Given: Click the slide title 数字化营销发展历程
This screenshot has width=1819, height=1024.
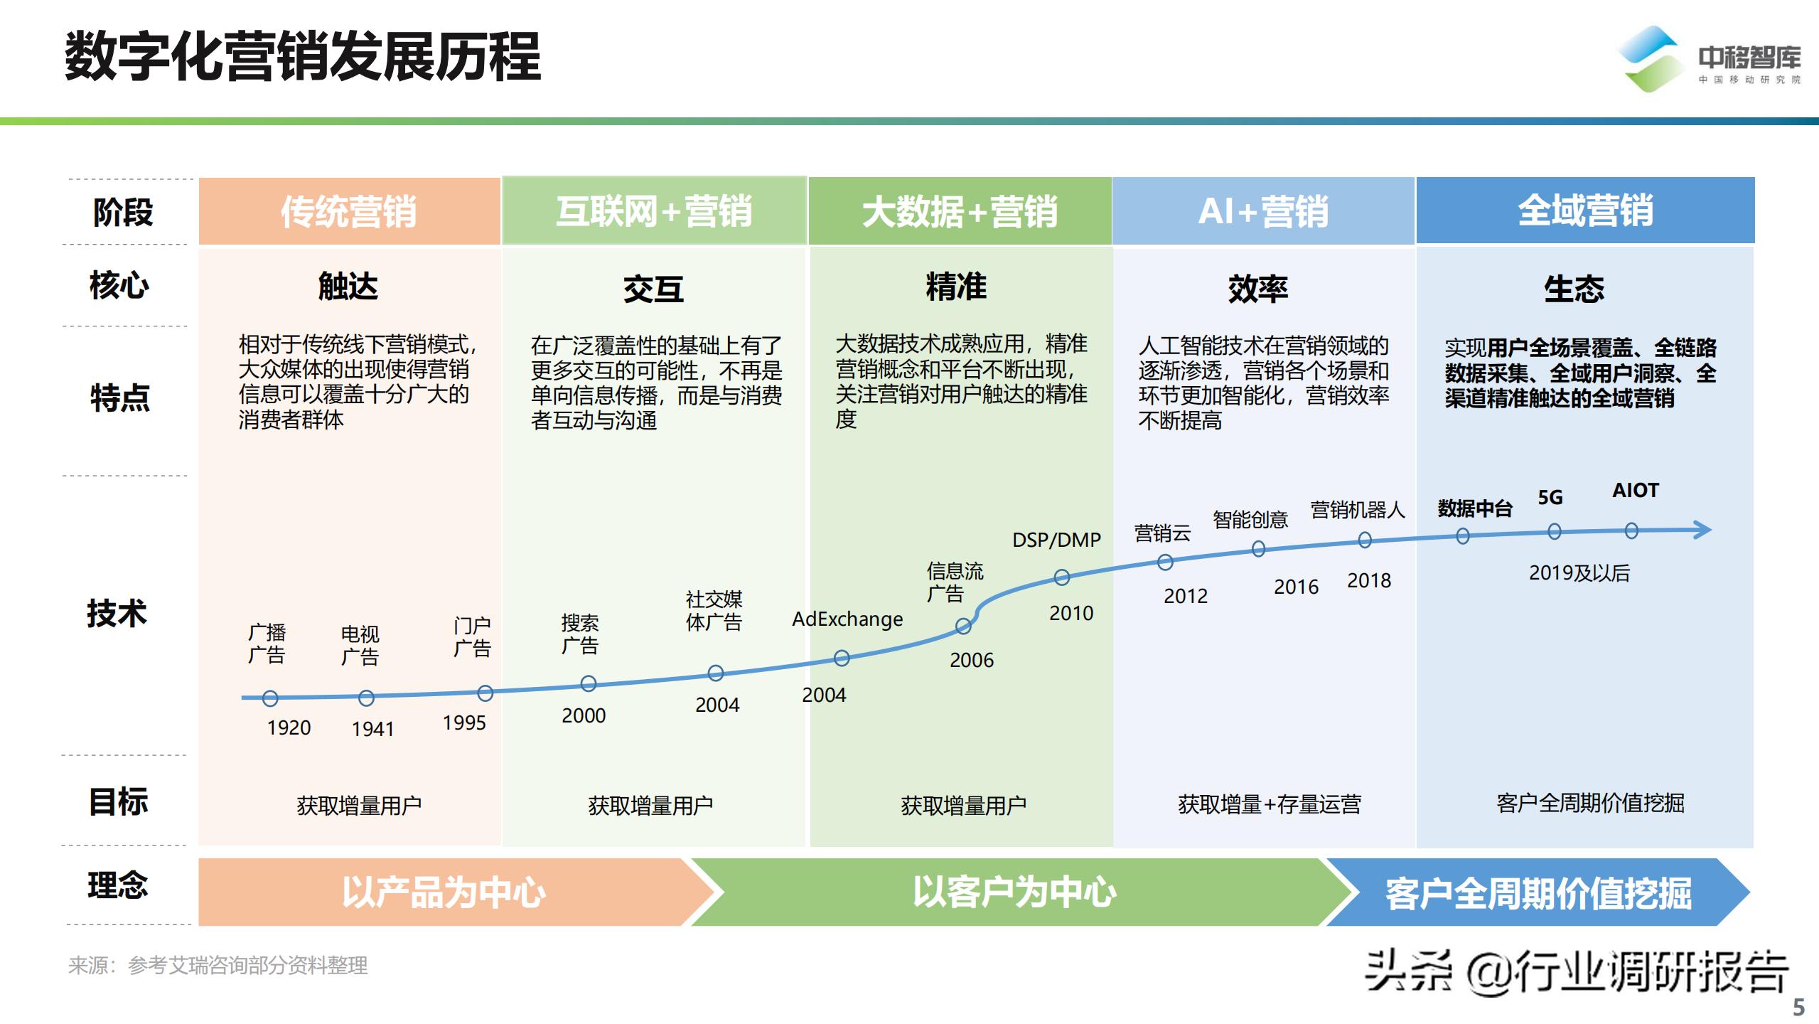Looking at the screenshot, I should pyautogui.click(x=303, y=57).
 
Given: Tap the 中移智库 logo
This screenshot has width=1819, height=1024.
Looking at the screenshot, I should pyautogui.click(x=1710, y=60).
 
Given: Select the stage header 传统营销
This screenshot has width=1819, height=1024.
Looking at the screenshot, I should pyautogui.click(x=348, y=211).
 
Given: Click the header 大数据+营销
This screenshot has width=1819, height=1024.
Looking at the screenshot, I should pyautogui.click(x=960, y=211).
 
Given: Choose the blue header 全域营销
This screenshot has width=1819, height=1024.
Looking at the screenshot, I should pyautogui.click(x=1585, y=210).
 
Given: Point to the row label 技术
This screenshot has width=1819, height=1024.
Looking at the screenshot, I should pyautogui.click(x=117, y=613).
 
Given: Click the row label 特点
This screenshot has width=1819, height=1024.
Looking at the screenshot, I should pyautogui.click(x=120, y=398).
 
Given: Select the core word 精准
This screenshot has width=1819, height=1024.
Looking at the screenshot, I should pyautogui.click(x=956, y=287).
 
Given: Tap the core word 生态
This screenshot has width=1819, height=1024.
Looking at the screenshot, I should pyautogui.click(x=1574, y=289).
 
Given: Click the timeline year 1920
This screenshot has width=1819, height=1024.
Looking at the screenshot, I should pyautogui.click(x=289, y=727).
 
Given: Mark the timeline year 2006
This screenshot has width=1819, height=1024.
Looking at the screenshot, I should pyautogui.click(x=972, y=660).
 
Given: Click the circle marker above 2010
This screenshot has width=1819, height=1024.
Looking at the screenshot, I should pyautogui.click(x=1061, y=577).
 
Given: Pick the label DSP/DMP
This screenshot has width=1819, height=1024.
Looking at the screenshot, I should pyautogui.click(x=1056, y=540).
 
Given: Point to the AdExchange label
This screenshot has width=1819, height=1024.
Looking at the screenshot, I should pyautogui.click(x=847, y=619).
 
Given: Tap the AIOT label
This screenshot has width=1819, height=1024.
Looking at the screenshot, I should pyautogui.click(x=1635, y=490).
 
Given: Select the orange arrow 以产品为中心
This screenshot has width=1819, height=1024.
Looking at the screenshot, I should pyautogui.click(x=444, y=892).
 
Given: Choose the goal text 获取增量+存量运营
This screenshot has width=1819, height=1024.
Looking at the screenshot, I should pyautogui.click(x=1270, y=804).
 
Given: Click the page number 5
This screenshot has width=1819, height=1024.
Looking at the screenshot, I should pyautogui.click(x=1798, y=1007).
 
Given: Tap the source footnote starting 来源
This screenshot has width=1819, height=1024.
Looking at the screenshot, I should pyautogui.click(x=218, y=965).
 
